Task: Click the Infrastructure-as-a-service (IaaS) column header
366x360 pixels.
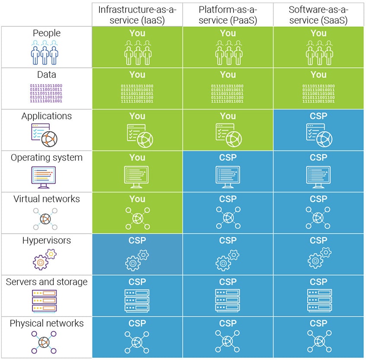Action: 137,14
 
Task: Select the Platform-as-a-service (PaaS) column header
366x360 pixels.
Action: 228,14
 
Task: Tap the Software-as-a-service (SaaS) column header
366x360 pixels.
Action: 318,14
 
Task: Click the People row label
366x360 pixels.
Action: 47,33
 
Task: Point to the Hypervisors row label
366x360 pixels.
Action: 47,241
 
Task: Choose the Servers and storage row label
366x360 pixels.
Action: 47,282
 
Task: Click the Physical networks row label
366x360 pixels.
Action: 47,323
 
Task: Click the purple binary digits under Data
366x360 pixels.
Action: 46,93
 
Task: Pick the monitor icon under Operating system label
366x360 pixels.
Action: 44,177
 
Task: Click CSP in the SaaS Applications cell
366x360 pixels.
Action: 318,116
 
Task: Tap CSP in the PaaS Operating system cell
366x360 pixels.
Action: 228,157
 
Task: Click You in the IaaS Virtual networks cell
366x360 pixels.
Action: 137,199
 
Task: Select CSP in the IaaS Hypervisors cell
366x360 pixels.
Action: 137,241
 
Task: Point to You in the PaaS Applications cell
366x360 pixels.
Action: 228,116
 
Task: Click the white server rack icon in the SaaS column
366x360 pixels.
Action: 318,300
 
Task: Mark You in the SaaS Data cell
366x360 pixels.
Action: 318,75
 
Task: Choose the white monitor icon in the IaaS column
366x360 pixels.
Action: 137,177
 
